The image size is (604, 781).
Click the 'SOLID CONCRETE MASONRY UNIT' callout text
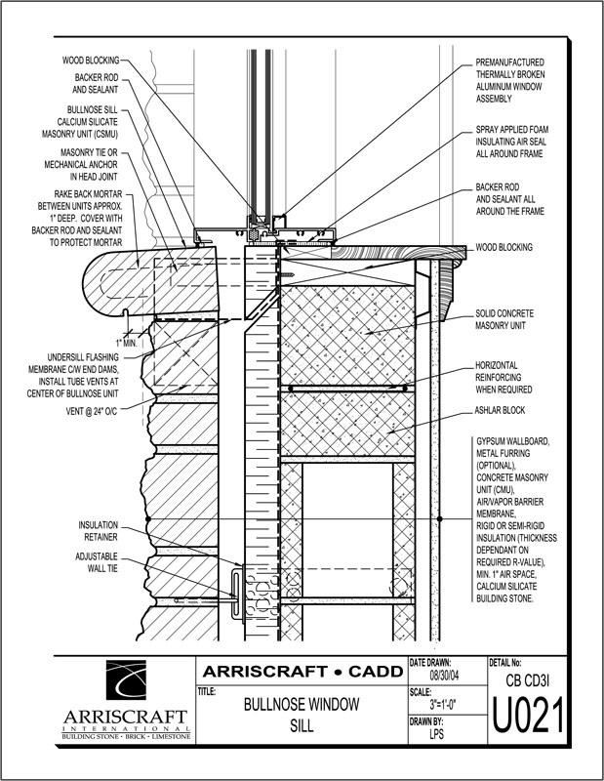[503, 319]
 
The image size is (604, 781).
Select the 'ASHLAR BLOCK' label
[500, 410]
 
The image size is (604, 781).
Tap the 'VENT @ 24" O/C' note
[92, 411]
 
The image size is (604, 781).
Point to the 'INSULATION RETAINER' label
[99, 531]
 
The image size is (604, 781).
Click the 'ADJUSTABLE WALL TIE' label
[97, 562]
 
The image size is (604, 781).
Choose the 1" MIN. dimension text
[126, 344]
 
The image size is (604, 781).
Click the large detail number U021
[528, 716]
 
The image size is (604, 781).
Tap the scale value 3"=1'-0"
[443, 705]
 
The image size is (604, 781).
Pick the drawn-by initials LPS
[436, 734]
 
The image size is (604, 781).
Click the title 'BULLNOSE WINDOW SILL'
[302, 715]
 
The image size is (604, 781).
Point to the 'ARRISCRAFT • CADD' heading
[302, 672]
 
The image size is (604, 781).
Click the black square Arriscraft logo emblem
[126, 679]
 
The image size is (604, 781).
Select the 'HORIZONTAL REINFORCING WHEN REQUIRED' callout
[503, 378]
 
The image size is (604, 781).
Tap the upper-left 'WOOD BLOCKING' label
[91, 61]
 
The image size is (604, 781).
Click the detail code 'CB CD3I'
[527, 679]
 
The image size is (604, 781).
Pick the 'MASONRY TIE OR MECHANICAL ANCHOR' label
[81, 164]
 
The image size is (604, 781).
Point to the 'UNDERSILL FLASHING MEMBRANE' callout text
[74, 376]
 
